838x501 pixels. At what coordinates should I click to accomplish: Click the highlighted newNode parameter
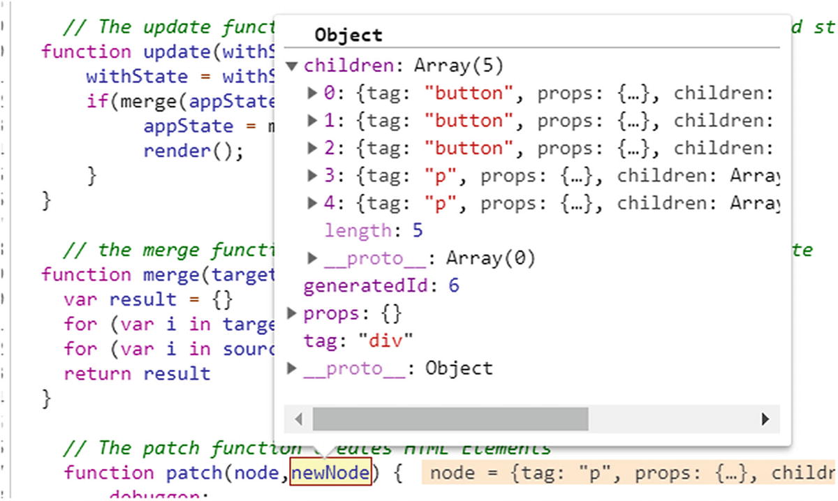330,473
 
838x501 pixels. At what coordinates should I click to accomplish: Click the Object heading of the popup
348,35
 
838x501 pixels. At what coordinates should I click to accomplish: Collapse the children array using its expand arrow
292,66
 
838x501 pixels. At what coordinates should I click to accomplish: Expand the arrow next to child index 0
313,93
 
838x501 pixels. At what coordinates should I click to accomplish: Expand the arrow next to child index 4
313,202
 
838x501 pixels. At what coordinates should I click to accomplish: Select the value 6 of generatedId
454,285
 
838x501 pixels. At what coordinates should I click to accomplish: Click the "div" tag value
386,341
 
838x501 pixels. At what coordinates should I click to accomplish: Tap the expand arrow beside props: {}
292,313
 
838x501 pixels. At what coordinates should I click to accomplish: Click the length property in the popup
358,230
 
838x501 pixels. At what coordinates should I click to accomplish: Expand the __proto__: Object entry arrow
292,368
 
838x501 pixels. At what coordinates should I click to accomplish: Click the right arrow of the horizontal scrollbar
765,419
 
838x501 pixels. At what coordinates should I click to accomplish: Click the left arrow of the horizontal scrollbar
298,419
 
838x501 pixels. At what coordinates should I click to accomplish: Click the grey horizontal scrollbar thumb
450,419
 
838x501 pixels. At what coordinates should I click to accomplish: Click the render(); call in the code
193,151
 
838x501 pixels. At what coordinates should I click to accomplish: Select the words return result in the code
137,373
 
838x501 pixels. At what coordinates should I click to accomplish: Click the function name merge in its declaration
171,274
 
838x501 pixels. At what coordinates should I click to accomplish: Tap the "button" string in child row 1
468,120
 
